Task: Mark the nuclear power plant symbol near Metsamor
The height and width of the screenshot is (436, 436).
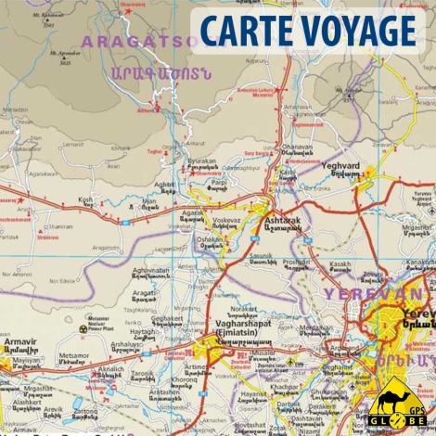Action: [83, 327]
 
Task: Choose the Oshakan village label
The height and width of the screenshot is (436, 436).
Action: [212, 238]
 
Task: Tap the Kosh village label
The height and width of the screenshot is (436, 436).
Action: [86, 199]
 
